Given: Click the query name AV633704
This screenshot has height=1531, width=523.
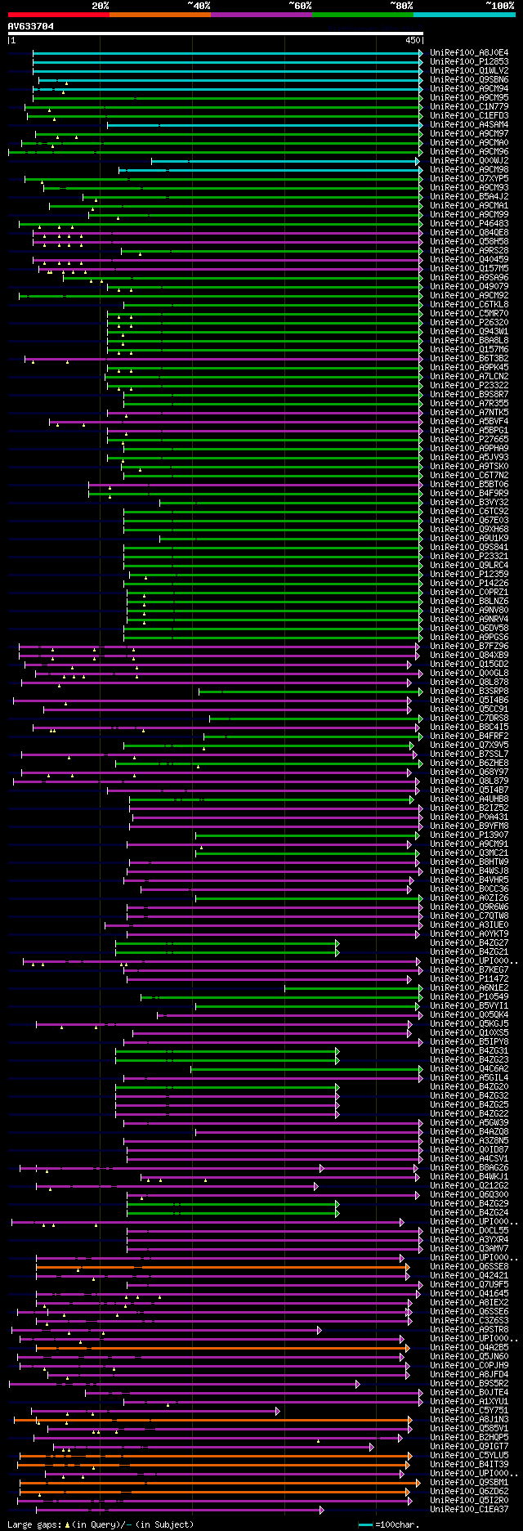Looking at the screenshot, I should coord(31,26).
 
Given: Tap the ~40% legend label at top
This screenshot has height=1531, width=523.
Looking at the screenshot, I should coord(199,6).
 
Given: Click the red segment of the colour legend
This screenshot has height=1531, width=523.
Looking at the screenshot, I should coord(57,15).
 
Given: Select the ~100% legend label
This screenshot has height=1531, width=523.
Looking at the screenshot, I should coord(498,6).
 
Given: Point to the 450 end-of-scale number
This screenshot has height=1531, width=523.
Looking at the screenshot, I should coord(412,40).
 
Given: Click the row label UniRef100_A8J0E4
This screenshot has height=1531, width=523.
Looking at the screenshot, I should coord(469,53).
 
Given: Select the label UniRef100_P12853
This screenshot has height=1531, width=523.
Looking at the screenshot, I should coord(469,62).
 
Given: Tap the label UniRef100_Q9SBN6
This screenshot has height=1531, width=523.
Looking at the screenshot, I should coord(469,80).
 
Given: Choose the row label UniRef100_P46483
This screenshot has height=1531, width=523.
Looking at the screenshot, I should coord(469,224).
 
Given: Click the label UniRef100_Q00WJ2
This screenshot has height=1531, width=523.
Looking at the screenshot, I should coord(469,161).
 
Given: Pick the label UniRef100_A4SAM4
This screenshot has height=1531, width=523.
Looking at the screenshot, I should coord(469,125).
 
